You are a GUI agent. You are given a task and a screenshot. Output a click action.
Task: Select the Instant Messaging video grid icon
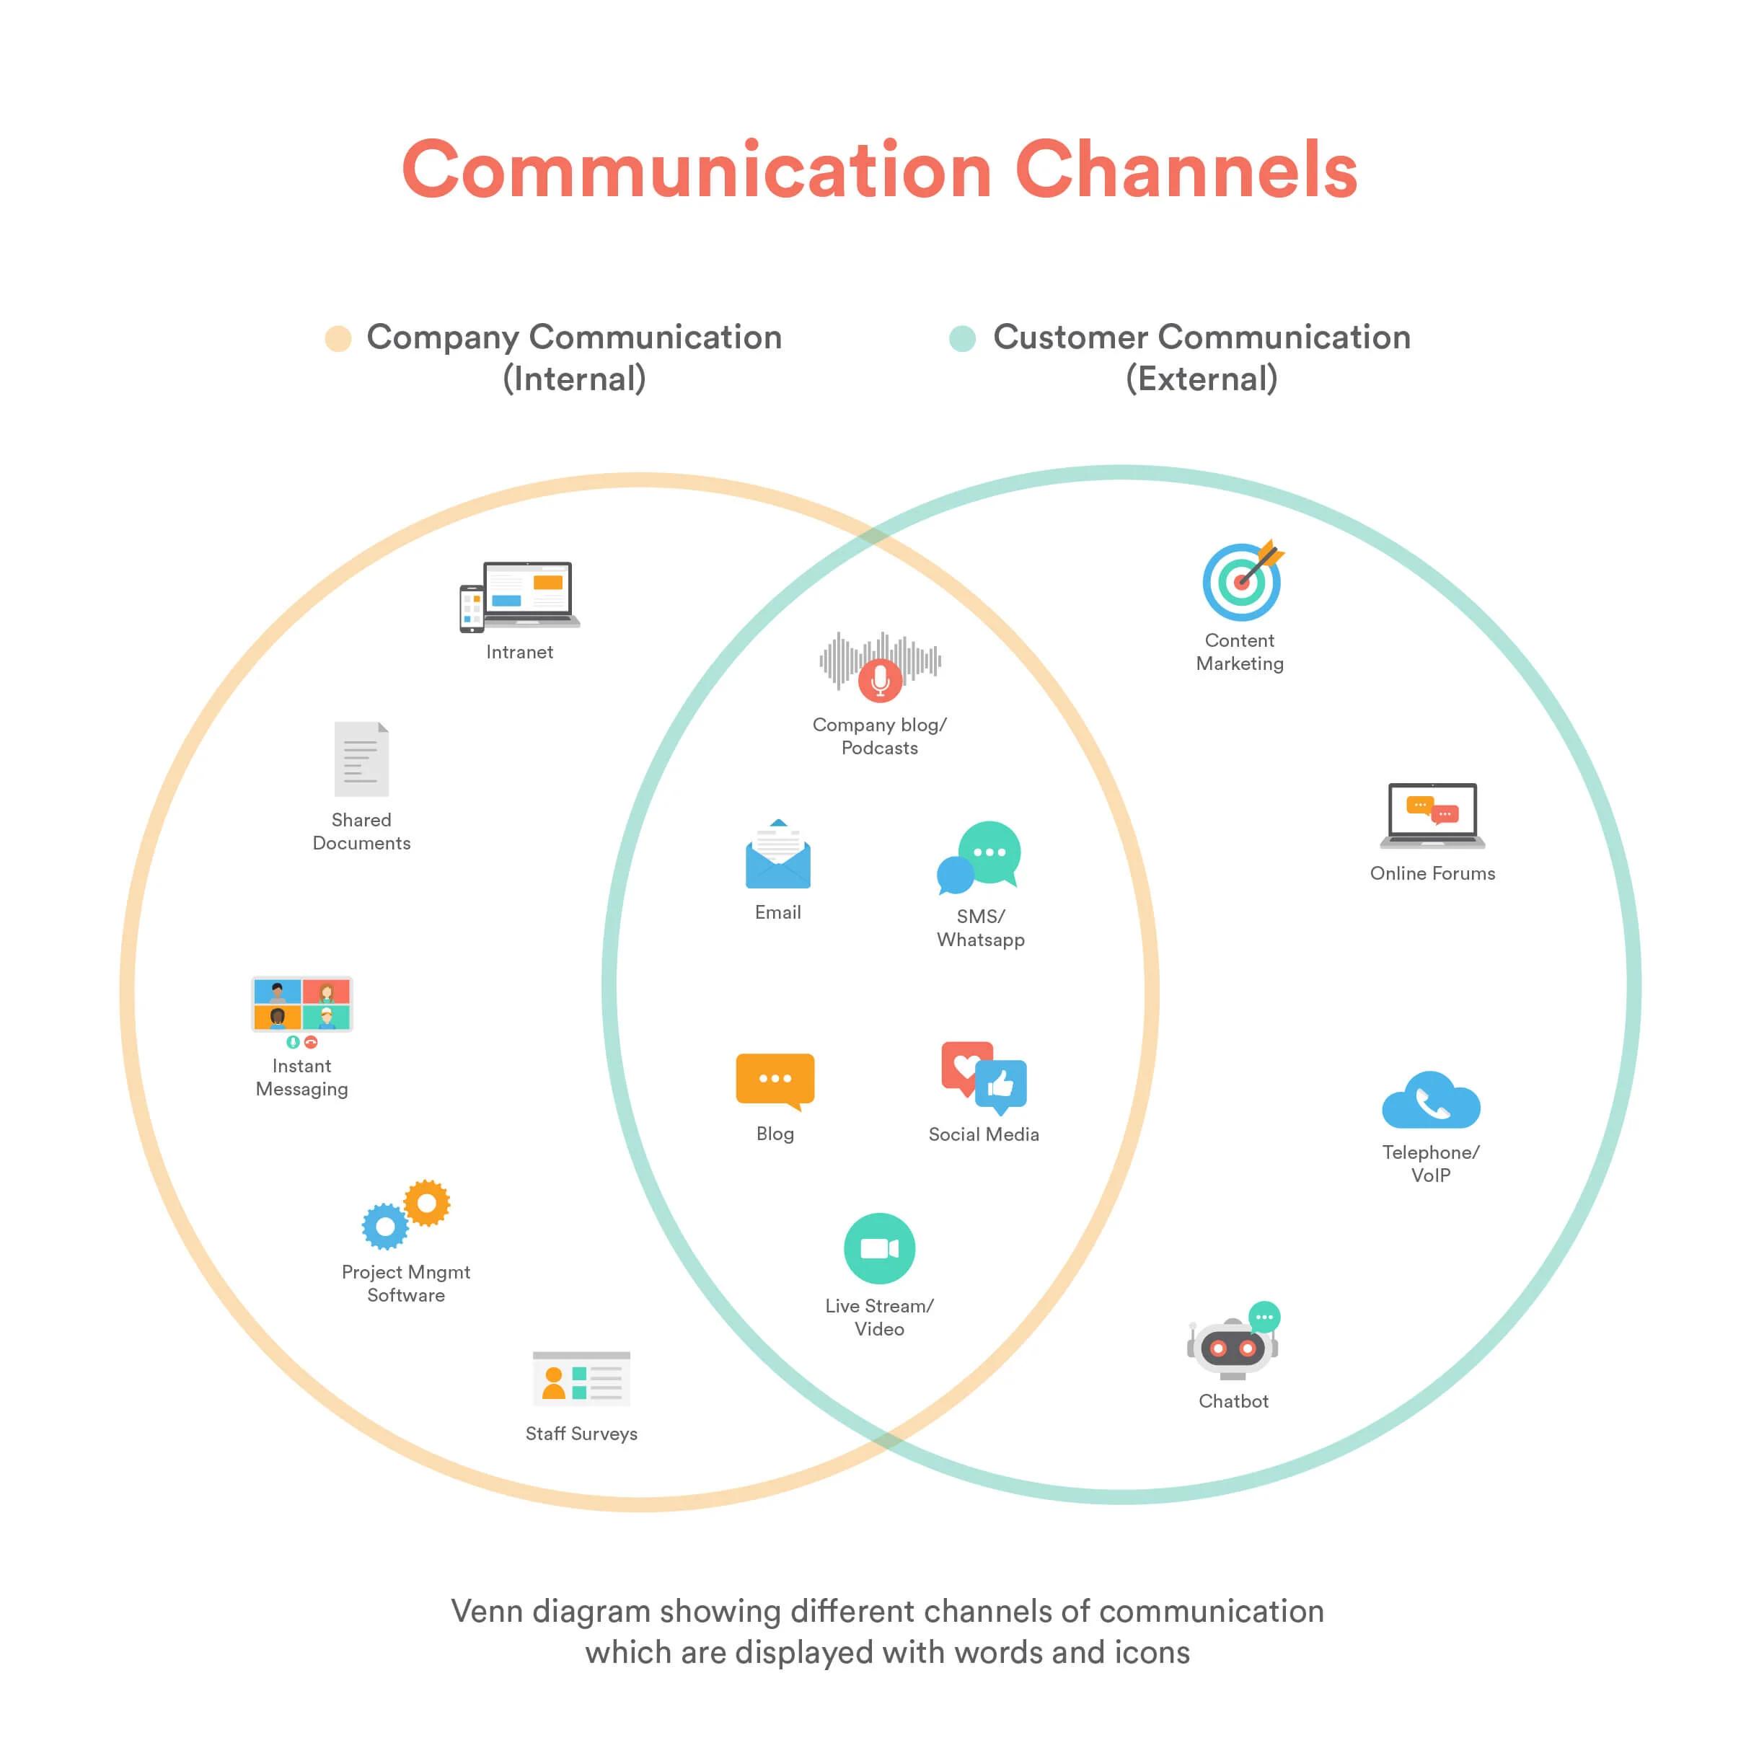tap(301, 1004)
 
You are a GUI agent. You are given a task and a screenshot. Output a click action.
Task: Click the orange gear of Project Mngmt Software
tap(426, 1203)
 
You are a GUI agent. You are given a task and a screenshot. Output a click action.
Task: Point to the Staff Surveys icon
tap(581, 1379)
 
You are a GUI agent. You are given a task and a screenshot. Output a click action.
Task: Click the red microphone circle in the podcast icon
tap(880, 679)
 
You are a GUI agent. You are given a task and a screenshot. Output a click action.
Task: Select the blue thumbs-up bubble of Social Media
tap(1001, 1085)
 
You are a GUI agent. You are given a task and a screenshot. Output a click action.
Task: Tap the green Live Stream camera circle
tap(880, 1248)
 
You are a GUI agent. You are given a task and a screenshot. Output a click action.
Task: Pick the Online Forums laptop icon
tap(1432, 815)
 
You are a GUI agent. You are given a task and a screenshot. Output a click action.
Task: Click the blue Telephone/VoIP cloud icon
tap(1431, 1101)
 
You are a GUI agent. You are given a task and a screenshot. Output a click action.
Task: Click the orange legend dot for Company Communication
tap(338, 338)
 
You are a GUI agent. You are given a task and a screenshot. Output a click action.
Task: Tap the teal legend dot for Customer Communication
tap(962, 338)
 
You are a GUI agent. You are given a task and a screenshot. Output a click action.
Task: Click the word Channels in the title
tap(1186, 169)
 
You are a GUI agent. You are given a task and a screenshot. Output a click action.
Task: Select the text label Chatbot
tap(1233, 1401)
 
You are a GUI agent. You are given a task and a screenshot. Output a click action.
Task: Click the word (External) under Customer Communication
tap(1202, 379)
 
